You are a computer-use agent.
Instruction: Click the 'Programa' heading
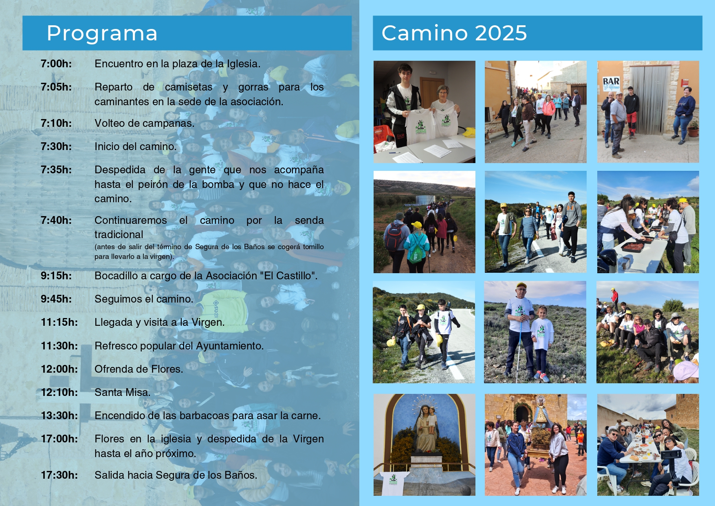click(102, 33)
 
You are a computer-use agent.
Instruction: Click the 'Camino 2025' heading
click(454, 33)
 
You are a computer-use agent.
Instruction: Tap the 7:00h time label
click(56, 64)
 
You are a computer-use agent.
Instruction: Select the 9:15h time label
click(56, 276)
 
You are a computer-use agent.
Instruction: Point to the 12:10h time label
click(59, 392)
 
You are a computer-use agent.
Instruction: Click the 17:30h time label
click(59, 475)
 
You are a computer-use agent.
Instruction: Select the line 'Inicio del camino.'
click(136, 146)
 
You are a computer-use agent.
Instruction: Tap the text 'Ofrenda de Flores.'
click(139, 369)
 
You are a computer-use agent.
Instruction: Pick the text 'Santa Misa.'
click(123, 392)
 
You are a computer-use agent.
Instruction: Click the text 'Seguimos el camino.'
click(144, 299)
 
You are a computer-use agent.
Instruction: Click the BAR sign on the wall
click(611, 83)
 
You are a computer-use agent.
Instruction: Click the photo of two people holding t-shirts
click(425, 112)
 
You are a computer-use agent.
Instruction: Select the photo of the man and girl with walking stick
click(535, 332)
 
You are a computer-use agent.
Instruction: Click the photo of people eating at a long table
click(648, 445)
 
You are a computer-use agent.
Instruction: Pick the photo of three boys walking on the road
click(424, 332)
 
